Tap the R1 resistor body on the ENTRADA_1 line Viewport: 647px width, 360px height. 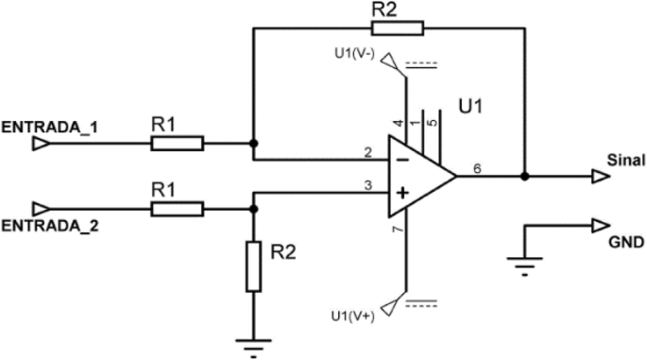click(x=177, y=144)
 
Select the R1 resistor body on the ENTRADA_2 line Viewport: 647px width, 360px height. click(x=177, y=208)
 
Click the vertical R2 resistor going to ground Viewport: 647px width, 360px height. click(x=253, y=266)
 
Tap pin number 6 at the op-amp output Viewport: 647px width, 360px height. click(x=477, y=167)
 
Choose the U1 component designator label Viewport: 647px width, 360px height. click(x=471, y=108)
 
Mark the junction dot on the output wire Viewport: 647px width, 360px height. click(x=524, y=176)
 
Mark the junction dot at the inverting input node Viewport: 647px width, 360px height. click(x=253, y=144)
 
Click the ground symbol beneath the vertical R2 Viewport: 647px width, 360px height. click(x=253, y=348)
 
